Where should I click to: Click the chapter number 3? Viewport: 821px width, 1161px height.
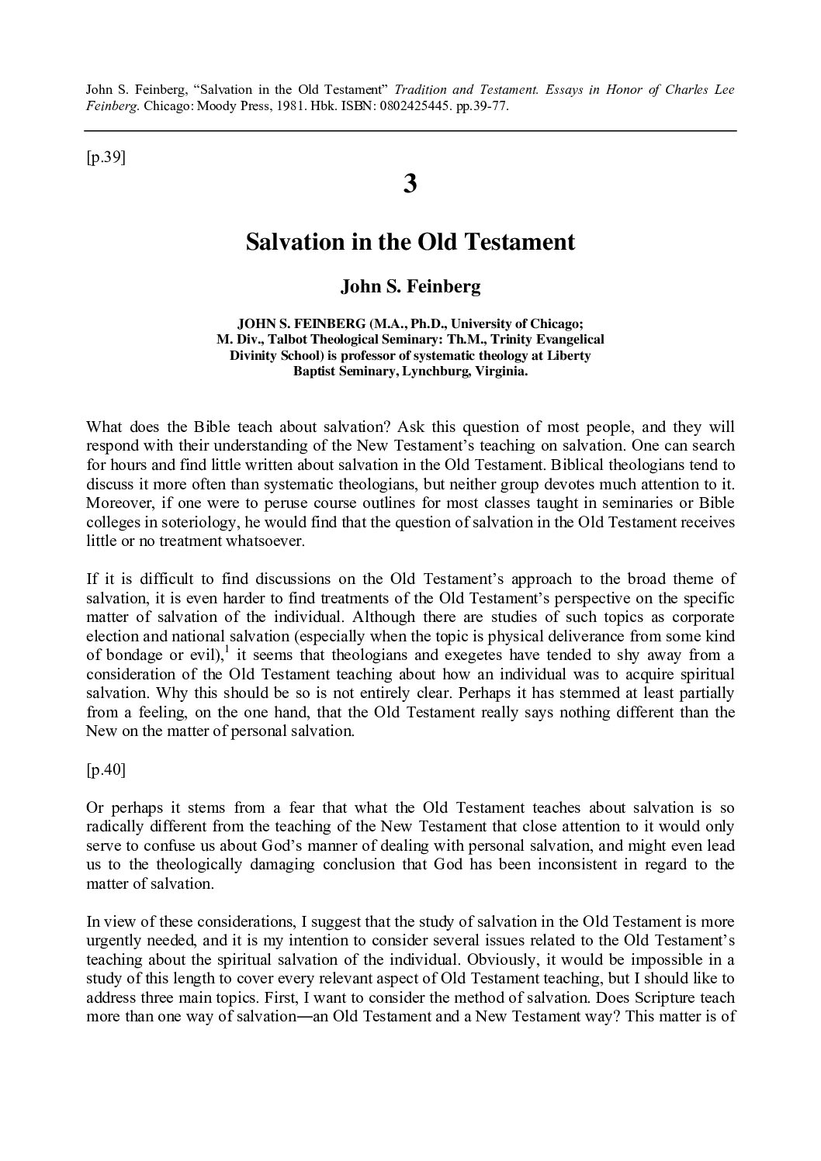(410, 185)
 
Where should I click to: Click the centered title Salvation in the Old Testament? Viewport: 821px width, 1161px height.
(410, 242)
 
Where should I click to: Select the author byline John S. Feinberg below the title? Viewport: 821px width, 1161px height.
(410, 287)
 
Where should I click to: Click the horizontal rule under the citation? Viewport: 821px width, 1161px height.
(410, 131)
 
